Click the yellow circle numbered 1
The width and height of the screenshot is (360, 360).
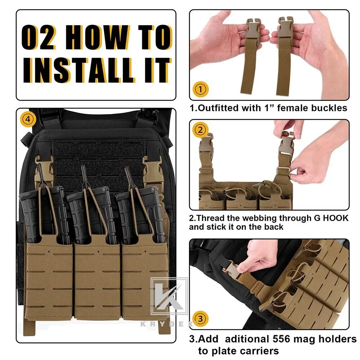tap(201, 89)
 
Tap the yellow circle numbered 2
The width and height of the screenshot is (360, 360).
tap(200, 130)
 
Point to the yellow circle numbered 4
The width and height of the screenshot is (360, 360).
tap(28, 119)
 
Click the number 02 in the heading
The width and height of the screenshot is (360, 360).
tap(39, 37)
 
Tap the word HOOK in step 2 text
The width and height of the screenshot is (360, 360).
tap(336, 218)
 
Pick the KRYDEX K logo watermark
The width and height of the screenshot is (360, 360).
tap(169, 296)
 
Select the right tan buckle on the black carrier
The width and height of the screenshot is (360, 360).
tap(152, 171)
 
